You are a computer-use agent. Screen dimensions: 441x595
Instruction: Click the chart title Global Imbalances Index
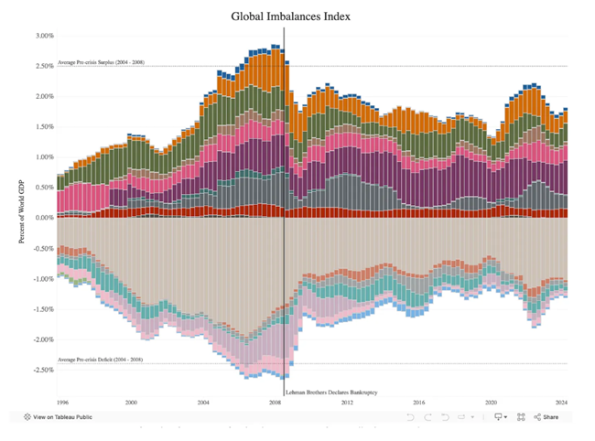pyautogui.click(x=290, y=16)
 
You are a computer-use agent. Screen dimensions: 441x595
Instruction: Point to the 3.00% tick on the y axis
pyautogui.click(x=45, y=36)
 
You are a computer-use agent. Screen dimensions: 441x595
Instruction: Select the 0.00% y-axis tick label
pyautogui.click(x=45, y=218)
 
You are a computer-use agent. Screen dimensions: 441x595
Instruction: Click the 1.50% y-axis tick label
pyautogui.click(x=45, y=126)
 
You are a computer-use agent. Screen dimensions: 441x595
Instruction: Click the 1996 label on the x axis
pyautogui.click(x=63, y=402)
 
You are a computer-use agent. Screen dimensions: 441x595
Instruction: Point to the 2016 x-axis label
pyautogui.click(x=418, y=402)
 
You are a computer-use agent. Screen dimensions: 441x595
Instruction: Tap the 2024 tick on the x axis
pyautogui.click(x=561, y=402)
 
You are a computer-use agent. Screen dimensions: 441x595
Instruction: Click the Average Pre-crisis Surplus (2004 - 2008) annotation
pyautogui.click(x=101, y=62)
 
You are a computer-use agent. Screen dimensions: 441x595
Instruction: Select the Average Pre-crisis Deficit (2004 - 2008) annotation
pyautogui.click(x=100, y=360)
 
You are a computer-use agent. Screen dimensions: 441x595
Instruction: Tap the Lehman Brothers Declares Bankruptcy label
pyautogui.click(x=332, y=392)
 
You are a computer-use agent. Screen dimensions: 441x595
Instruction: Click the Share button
pyautogui.click(x=550, y=417)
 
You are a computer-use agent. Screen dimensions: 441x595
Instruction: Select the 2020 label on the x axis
pyautogui.click(x=490, y=402)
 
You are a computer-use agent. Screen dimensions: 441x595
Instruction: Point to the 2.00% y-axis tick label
pyautogui.click(x=45, y=96)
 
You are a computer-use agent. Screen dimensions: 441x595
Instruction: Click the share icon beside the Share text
pyautogui.click(x=538, y=417)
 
